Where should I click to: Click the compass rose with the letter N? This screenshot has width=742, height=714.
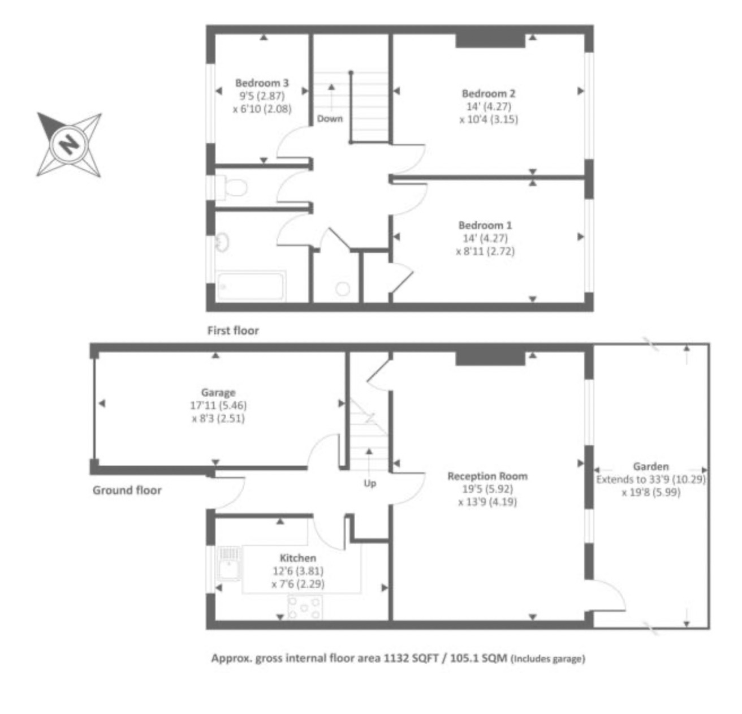[69, 144]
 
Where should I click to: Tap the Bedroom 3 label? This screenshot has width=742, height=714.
[262, 83]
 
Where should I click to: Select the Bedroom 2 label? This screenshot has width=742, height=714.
[488, 93]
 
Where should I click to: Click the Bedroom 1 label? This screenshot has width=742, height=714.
[485, 225]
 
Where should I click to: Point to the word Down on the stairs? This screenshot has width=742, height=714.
[330, 119]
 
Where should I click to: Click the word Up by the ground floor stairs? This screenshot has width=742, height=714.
[369, 484]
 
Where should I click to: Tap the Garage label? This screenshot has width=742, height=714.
[218, 393]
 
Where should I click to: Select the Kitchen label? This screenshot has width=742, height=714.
[298, 558]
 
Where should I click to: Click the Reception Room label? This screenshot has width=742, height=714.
[488, 476]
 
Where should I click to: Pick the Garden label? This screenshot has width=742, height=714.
[651, 467]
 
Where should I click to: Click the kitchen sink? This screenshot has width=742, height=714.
[228, 563]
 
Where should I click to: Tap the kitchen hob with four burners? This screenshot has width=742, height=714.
[305, 608]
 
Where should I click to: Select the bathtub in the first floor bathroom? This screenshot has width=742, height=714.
[252, 286]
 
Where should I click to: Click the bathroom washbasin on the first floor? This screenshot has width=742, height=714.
[222, 243]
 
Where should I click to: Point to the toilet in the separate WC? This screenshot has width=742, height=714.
[233, 187]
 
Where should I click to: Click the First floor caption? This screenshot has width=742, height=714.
[233, 331]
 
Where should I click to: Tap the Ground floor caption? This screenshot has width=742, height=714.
[127, 491]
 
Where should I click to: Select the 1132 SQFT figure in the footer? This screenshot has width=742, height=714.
[411, 659]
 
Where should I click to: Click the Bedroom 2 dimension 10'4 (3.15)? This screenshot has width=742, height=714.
[489, 119]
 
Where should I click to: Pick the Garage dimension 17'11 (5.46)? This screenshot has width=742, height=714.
[218, 406]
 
